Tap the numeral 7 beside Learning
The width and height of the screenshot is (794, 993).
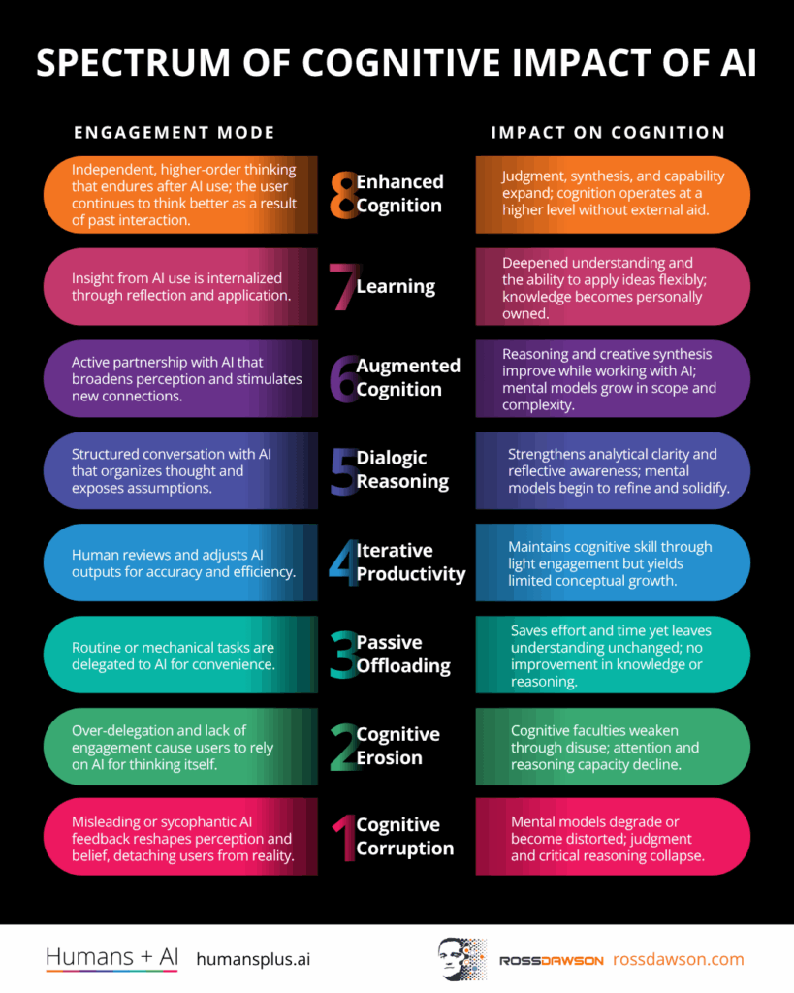point(343,286)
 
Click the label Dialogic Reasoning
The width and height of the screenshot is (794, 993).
point(402,469)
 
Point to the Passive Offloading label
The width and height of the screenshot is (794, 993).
point(403,654)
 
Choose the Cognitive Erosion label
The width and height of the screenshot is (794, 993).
point(397,746)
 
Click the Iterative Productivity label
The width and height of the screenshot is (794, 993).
point(410,561)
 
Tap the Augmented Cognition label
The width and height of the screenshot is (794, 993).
point(407,377)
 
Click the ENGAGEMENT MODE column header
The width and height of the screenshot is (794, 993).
point(175,132)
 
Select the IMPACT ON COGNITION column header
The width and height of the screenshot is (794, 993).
point(608,132)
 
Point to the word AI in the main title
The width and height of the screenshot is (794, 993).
point(734,64)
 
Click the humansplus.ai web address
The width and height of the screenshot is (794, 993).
point(253,959)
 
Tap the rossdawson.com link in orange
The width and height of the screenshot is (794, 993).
point(678,959)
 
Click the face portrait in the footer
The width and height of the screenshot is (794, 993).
point(456,958)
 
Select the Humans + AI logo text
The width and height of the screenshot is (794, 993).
point(112,958)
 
